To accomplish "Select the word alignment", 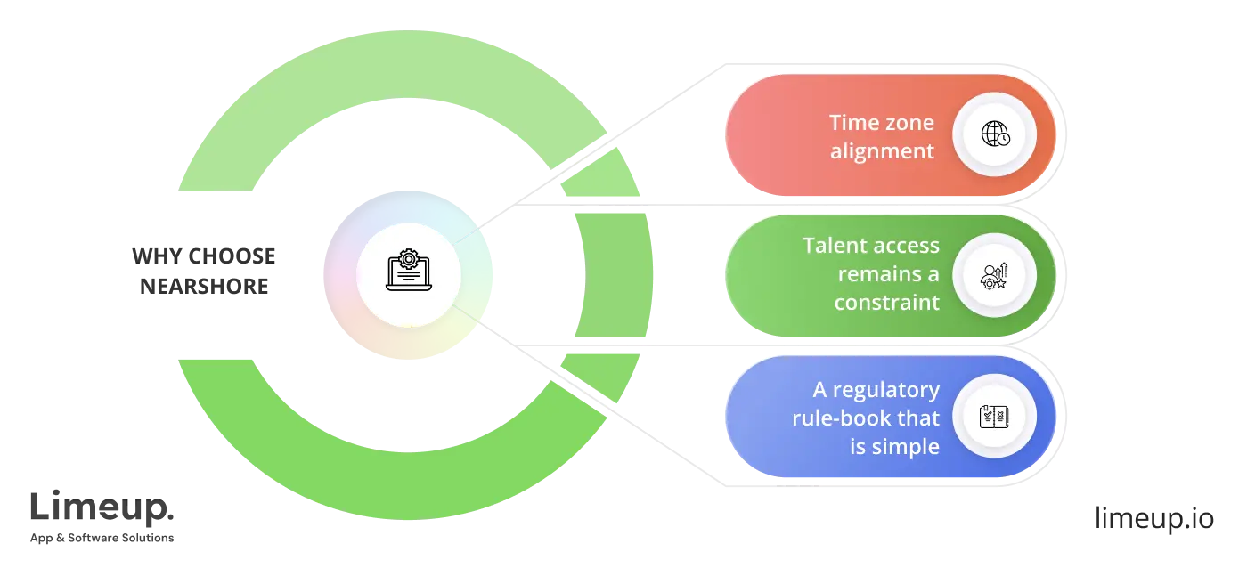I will point(883,151).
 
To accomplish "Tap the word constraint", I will point(887,303).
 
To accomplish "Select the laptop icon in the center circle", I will point(408,275).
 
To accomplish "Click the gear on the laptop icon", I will point(408,260).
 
